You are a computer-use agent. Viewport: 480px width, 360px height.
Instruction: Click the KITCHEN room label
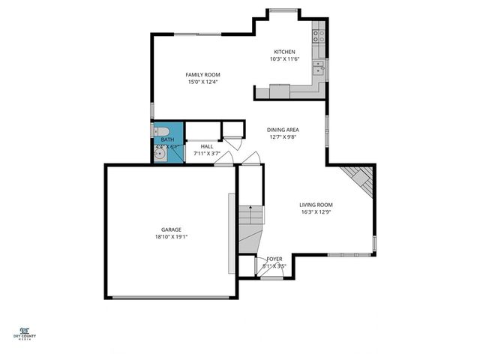[283, 52]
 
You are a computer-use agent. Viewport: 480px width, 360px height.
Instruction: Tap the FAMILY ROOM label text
[203, 74]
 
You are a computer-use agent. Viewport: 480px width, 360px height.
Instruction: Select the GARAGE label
[171, 229]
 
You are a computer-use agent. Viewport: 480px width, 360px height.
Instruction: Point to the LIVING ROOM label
[316, 205]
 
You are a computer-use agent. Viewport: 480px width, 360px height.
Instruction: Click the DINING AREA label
[283, 130]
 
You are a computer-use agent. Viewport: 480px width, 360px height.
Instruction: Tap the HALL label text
[206, 146]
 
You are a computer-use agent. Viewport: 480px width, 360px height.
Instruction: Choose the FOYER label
[274, 259]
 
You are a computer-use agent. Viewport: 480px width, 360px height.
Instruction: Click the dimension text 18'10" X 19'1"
[171, 237]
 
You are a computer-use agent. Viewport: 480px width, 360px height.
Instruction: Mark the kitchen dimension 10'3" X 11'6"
[283, 59]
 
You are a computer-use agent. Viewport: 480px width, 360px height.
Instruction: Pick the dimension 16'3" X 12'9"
[316, 212]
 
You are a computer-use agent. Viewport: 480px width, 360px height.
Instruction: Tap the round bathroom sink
[160, 154]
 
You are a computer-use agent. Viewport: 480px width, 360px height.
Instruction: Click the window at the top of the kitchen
[283, 10]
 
